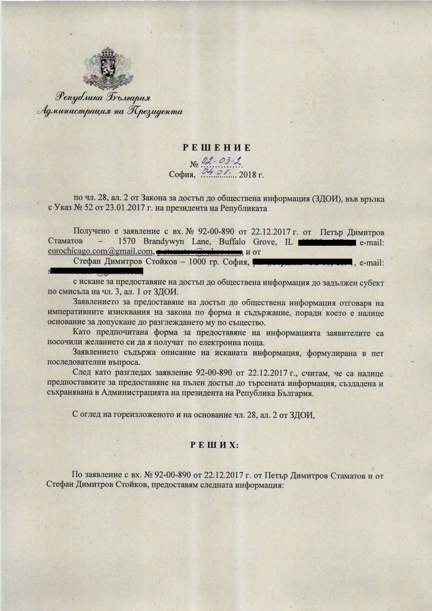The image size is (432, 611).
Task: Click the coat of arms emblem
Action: tap(108, 68)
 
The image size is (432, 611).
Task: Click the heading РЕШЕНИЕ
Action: tap(217, 148)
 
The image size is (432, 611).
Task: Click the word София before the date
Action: tap(181, 174)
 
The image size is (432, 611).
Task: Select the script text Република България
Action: tap(104, 98)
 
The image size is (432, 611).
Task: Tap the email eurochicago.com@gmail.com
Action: tap(100, 251)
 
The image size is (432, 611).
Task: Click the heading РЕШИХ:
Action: tap(214, 445)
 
